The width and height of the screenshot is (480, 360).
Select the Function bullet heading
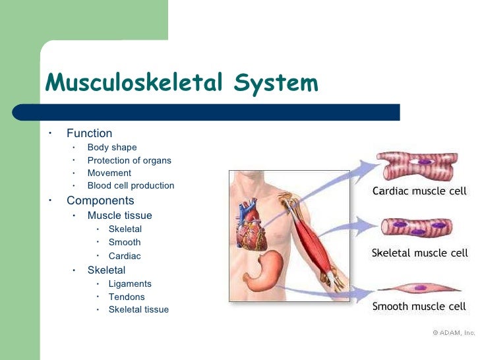click(89, 133)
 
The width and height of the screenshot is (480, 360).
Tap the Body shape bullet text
click(112, 147)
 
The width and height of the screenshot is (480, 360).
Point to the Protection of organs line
click(129, 160)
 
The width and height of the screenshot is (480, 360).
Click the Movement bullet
click(109, 173)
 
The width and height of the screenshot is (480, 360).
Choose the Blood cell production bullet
click(131, 185)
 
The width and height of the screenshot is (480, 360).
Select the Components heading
click(100, 200)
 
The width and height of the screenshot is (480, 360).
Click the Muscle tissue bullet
click(119, 216)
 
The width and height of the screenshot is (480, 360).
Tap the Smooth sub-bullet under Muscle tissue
click(125, 242)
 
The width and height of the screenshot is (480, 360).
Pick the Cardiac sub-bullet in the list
click(125, 256)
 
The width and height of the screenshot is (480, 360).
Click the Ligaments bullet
click(130, 284)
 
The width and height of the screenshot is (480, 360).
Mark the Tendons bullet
click(126, 297)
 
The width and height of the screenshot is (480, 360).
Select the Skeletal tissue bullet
click(138, 309)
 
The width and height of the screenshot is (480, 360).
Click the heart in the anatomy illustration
click(253, 224)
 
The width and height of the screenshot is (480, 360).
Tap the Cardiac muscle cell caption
click(419, 192)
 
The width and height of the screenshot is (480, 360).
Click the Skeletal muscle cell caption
click(419, 253)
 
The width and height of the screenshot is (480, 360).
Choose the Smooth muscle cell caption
click(419, 306)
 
